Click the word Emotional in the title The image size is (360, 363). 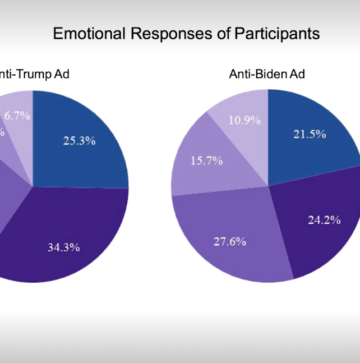click(x=90, y=34)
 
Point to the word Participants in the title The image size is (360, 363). click(x=279, y=34)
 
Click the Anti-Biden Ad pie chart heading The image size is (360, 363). click(x=266, y=74)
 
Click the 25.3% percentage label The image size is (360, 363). click(x=79, y=141)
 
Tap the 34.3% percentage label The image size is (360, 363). click(x=63, y=247)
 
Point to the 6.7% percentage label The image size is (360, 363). click(x=17, y=116)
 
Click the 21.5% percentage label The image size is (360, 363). click(x=309, y=135)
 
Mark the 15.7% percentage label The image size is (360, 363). click(x=206, y=161)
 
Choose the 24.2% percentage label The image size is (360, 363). click(x=324, y=220)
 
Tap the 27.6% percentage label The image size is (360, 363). click(x=230, y=242)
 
